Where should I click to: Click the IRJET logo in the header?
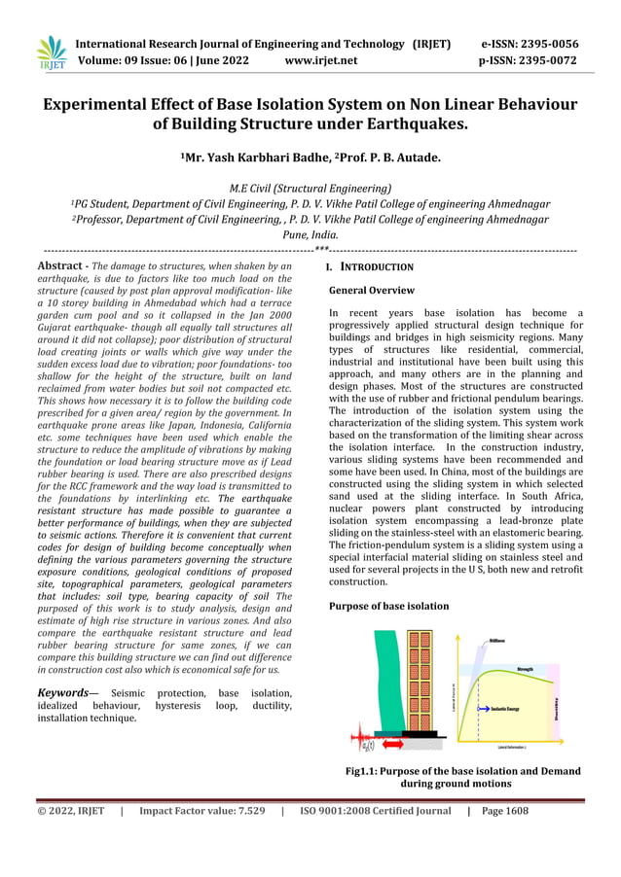(x=51, y=53)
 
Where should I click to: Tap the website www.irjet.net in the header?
(x=321, y=60)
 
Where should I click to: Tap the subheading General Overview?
(x=372, y=291)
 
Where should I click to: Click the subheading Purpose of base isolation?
(x=389, y=606)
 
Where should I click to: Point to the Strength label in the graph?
(x=524, y=670)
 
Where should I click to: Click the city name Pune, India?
(x=310, y=235)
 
